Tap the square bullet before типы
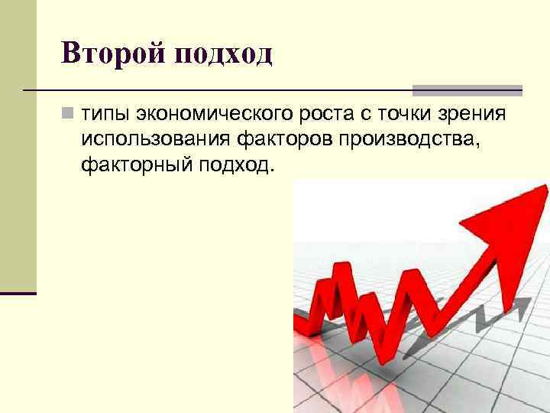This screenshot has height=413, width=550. point(68,114)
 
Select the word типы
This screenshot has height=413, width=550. point(104,114)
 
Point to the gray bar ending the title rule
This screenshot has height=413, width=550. point(467,90)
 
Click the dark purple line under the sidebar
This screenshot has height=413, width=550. point(18,293)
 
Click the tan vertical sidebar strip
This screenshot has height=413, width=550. point(18,145)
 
